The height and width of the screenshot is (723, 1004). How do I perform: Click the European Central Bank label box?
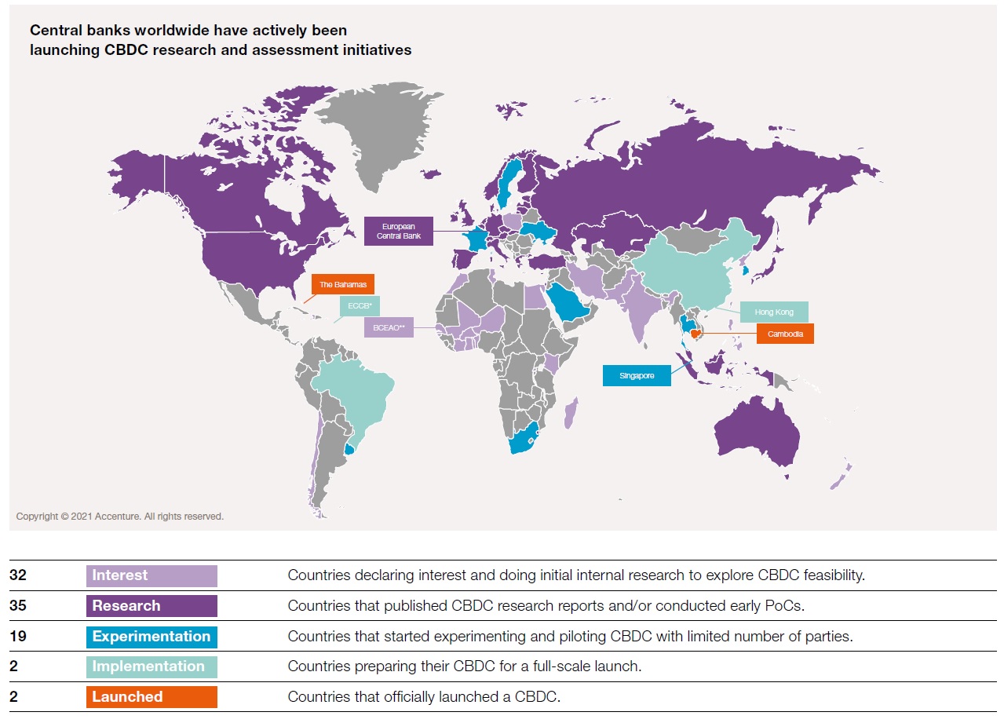point(399,231)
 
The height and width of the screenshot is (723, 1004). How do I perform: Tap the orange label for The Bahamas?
point(342,284)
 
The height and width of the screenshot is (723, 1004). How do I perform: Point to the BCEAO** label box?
point(389,327)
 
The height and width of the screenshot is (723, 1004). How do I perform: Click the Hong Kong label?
point(774,312)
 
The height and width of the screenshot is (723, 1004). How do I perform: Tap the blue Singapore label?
point(637,376)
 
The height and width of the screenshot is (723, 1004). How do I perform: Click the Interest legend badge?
point(152,575)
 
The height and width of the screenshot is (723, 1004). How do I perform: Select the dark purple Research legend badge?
point(152,606)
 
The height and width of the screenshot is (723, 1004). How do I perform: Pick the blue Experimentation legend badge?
point(152,637)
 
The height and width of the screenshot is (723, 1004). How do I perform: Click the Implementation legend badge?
point(152,666)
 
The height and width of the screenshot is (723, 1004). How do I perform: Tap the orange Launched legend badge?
point(152,697)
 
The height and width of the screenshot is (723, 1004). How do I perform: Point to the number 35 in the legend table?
point(18,606)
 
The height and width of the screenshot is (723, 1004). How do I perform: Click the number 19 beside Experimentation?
point(18,637)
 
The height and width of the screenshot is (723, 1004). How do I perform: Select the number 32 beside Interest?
point(18,575)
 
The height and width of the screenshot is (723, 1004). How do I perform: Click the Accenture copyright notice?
point(120,517)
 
